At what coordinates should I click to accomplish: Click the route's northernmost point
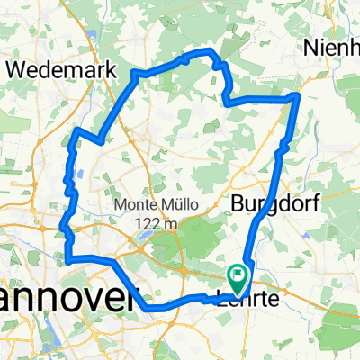tap(211, 51)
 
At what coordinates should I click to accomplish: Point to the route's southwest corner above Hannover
tap(67, 260)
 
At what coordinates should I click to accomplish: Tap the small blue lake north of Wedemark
tap(94, 40)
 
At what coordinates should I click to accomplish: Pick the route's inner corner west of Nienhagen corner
tap(226, 102)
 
